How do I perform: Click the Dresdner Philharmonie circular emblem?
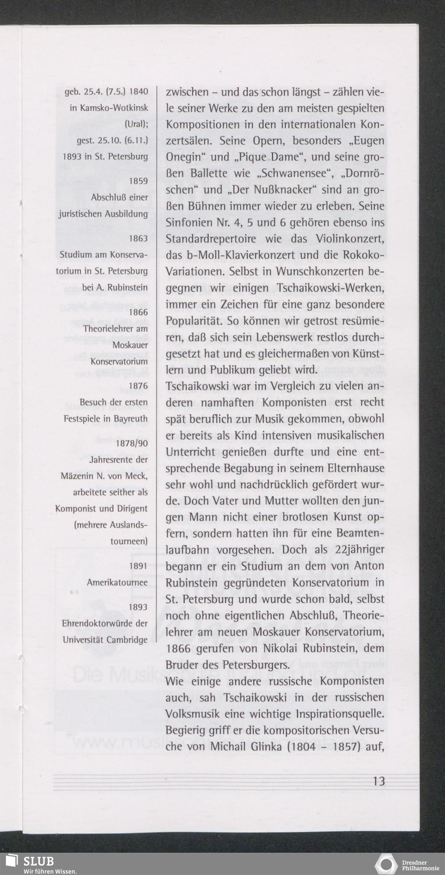(x=386, y=863)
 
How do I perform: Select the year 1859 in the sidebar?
(x=138, y=181)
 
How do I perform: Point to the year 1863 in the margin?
(x=138, y=239)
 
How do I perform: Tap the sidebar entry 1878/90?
(x=131, y=443)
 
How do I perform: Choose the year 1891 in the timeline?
(x=138, y=566)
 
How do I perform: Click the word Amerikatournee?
(x=117, y=583)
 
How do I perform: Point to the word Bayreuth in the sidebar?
(x=130, y=419)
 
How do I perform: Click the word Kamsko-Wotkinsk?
(x=109, y=108)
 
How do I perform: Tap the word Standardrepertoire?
(x=211, y=239)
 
